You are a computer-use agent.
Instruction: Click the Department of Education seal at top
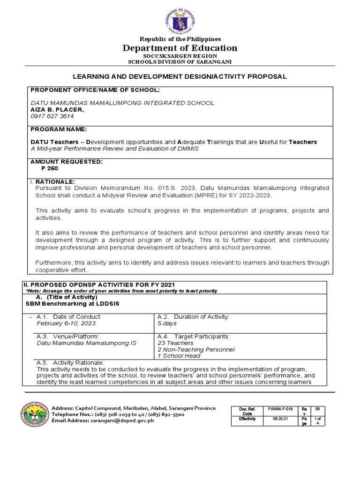click(x=180, y=19)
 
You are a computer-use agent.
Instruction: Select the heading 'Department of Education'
click(x=180, y=48)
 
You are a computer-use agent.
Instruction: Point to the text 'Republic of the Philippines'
click(x=180, y=39)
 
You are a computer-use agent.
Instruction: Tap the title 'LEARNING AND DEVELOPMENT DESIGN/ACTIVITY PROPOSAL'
click(x=180, y=76)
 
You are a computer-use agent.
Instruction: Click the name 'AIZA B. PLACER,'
click(x=57, y=109)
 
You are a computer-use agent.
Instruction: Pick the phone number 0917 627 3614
click(x=52, y=116)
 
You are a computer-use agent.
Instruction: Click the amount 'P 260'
click(x=50, y=168)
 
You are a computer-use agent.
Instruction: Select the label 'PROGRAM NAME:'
click(x=59, y=129)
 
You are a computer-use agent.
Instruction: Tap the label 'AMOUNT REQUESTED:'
click(x=66, y=161)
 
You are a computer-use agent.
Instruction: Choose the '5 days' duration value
click(x=168, y=323)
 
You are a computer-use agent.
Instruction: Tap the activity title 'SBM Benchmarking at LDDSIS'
click(x=72, y=303)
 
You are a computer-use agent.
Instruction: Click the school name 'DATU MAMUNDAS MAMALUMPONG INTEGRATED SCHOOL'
click(x=122, y=103)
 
